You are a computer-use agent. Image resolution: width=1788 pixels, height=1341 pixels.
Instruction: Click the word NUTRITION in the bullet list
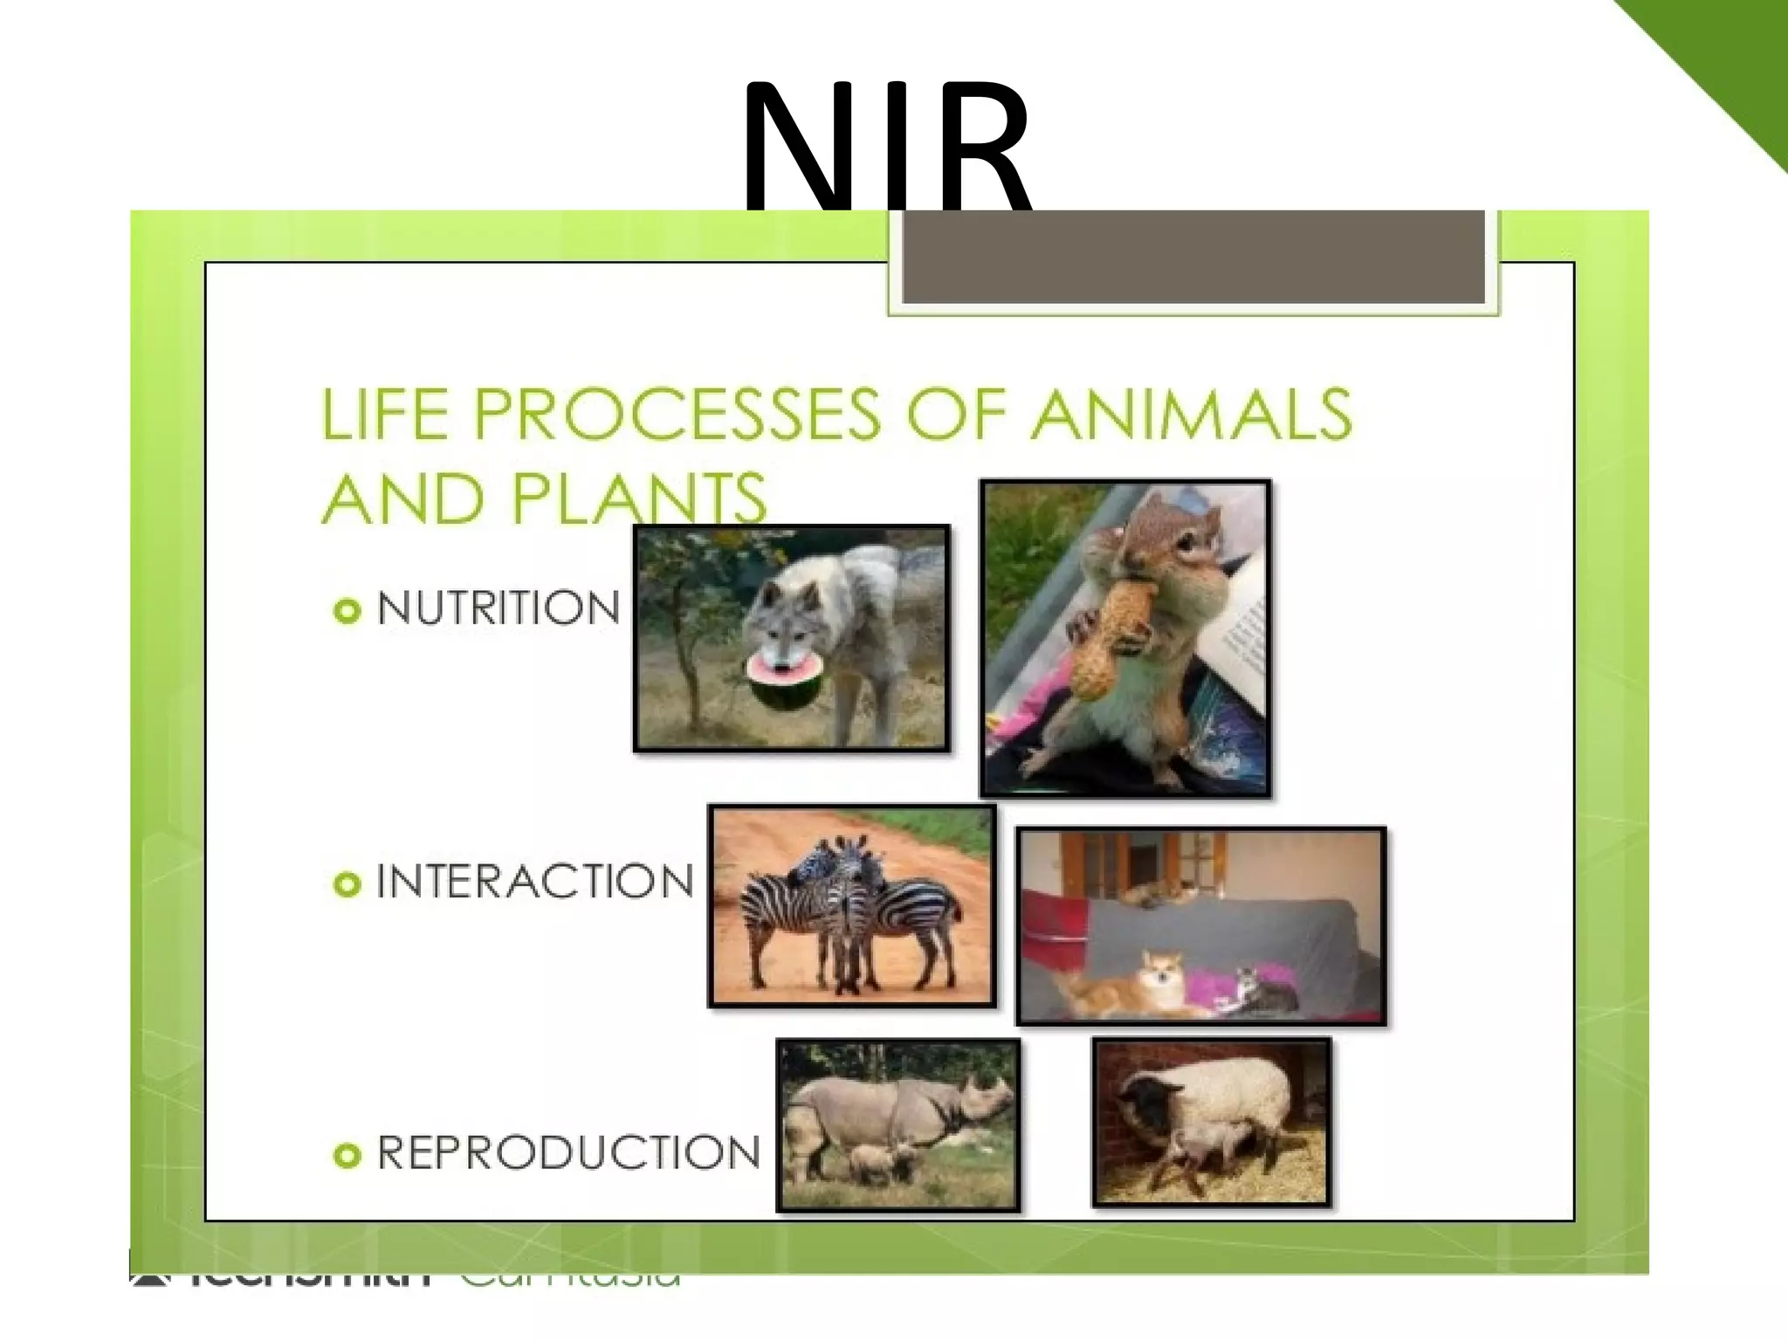[499, 609]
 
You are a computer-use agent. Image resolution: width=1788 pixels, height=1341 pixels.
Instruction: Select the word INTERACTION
[534, 882]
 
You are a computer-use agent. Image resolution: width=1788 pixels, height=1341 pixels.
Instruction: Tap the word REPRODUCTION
[568, 1153]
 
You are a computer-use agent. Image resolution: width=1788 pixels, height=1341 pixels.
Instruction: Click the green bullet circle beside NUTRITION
[347, 610]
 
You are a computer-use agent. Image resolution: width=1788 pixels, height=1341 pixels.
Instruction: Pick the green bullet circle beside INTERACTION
[347, 884]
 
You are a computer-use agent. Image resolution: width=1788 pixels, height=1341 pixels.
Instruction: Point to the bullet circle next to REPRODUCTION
[347, 1156]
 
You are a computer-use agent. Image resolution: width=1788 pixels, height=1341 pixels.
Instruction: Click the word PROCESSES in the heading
[677, 414]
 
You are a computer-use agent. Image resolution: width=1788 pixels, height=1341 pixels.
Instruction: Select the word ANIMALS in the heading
[1191, 414]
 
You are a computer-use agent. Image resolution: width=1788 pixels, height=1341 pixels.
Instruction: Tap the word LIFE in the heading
[385, 414]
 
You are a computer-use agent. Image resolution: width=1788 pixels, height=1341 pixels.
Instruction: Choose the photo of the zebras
[852, 905]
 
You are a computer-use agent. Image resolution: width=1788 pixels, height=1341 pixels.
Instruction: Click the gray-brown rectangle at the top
[1193, 257]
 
